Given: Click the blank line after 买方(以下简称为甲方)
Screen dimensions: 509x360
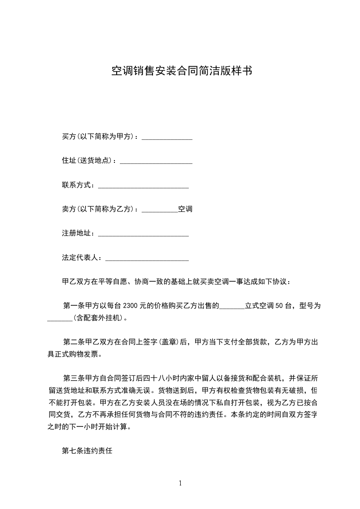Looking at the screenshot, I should [167, 137].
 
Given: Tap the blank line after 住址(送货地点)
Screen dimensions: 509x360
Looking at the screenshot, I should [156, 161].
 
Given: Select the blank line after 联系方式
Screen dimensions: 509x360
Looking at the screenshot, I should [143, 185].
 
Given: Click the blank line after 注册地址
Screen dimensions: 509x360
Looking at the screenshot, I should [143, 233].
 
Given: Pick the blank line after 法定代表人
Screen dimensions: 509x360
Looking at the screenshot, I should [147, 258].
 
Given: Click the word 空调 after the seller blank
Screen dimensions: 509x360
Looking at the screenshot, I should [185, 209].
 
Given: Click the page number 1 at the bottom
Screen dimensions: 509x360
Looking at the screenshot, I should [180, 483].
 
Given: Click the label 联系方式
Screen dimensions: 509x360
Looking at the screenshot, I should [78, 185].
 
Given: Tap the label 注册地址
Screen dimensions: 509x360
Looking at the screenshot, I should [78, 233].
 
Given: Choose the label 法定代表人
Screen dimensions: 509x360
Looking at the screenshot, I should [81, 258].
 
